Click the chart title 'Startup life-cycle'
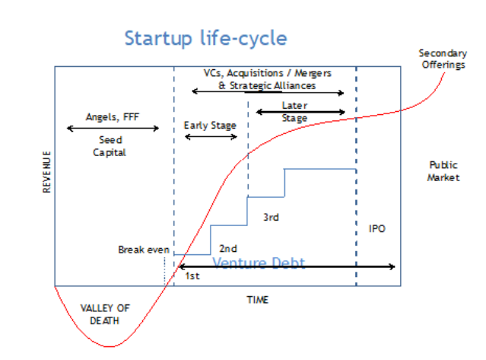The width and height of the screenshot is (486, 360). point(206,39)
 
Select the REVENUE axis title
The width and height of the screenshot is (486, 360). point(47,172)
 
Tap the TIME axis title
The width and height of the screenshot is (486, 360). point(258,300)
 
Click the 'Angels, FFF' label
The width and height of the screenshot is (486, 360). point(113,117)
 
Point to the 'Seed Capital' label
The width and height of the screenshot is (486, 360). point(110,146)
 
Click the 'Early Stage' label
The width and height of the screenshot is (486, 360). point(210,126)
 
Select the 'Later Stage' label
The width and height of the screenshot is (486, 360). point(294,112)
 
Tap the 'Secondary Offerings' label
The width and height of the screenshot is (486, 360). point(443,59)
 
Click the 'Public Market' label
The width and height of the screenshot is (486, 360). point(443,171)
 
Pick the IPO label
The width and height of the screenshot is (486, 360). point(377,229)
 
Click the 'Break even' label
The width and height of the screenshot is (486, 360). point(144,250)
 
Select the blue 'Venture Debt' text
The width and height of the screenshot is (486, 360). point(259,263)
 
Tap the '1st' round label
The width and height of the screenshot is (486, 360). point(192,276)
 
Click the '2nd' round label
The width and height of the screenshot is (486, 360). point(228,248)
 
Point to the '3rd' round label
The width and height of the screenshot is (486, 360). point(271,217)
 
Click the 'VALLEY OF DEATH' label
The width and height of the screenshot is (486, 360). point(105,314)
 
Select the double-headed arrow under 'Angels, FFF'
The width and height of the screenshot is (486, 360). point(113,128)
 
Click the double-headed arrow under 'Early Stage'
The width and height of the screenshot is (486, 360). point(211,137)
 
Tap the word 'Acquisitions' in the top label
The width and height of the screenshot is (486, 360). point(255,74)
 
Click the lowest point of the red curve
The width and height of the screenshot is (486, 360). point(109,346)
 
